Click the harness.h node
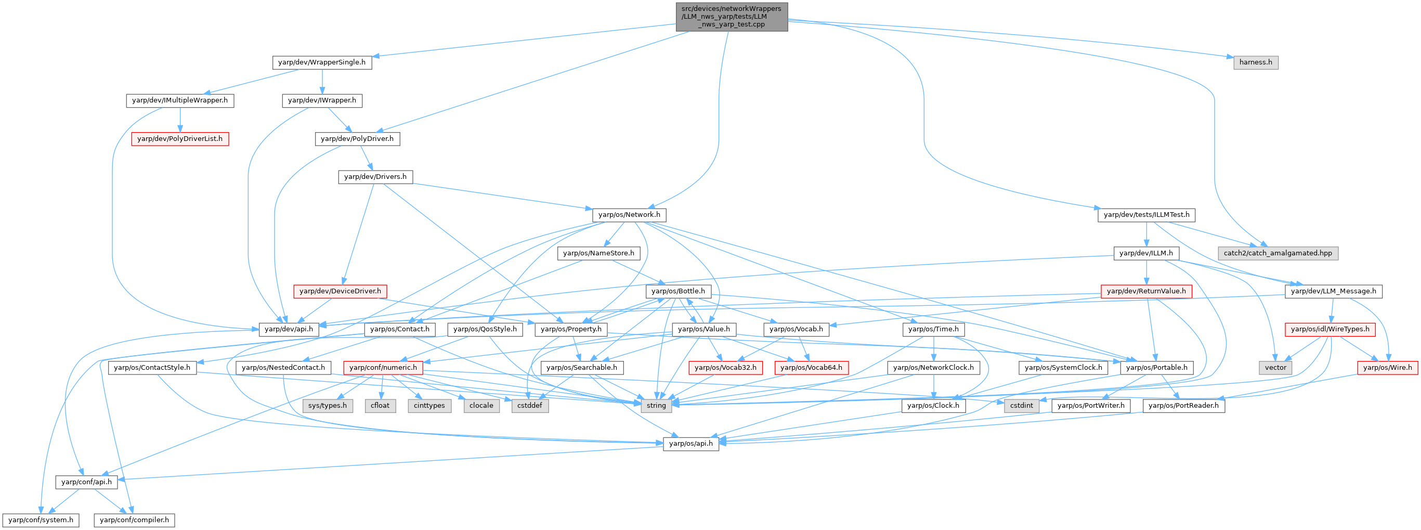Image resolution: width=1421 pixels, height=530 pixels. coord(1256,62)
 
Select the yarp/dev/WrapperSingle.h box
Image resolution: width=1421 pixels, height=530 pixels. coord(322,62)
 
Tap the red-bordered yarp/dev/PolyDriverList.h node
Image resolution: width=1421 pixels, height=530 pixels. coord(180,138)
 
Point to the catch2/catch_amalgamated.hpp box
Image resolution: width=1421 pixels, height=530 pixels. coord(1277,253)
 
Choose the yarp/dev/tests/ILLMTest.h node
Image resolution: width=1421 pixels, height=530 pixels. coord(1146,215)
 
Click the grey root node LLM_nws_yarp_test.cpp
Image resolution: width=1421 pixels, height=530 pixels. coord(732,17)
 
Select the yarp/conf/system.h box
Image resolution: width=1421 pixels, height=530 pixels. coord(41,520)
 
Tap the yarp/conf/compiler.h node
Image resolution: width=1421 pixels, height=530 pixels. coord(135,520)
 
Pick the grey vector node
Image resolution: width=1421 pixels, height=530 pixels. coord(1275,368)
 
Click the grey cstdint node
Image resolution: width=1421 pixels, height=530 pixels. coord(1022,406)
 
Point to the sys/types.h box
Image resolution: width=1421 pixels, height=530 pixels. coord(328,406)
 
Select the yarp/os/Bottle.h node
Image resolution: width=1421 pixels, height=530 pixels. coord(678,291)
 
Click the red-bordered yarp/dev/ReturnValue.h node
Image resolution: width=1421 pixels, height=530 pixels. coord(1146,291)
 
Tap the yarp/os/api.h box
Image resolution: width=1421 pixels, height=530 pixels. coord(690,444)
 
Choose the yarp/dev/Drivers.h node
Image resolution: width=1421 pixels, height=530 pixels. coord(375,177)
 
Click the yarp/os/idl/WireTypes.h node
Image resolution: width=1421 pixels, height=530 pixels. coord(1329,330)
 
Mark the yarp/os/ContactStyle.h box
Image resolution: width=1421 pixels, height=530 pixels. coord(152,368)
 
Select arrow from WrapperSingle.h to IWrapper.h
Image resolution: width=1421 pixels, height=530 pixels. coord(322,81)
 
